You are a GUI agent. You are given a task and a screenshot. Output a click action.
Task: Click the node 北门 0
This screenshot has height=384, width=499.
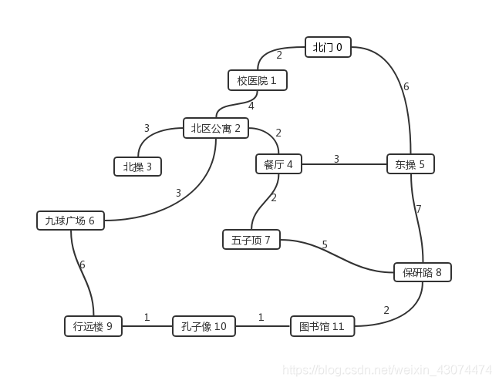point(328,48)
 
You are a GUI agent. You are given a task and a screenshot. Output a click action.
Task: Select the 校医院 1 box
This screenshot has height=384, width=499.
point(257,80)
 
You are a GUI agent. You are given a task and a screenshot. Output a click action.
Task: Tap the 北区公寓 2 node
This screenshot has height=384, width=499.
point(216,128)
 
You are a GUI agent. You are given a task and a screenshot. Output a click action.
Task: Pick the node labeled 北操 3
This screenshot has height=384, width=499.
point(137,166)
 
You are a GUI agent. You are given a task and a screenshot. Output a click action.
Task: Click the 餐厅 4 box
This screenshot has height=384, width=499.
point(278,164)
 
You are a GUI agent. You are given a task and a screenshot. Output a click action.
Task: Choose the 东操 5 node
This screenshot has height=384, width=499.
point(410,164)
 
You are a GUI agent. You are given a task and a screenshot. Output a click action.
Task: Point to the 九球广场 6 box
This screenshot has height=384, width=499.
point(70,221)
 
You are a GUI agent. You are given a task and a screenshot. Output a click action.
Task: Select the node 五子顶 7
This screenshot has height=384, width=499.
point(251,240)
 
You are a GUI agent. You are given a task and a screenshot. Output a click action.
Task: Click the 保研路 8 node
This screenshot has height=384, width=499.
point(422,272)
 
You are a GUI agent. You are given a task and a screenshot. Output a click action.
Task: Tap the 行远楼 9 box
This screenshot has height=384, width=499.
point(93,326)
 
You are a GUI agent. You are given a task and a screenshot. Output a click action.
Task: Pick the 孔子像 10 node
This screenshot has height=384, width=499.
point(204,326)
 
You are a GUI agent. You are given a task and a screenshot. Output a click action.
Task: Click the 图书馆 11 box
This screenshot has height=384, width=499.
point(322,326)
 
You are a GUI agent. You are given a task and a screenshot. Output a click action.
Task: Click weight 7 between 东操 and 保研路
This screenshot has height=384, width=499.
point(419,209)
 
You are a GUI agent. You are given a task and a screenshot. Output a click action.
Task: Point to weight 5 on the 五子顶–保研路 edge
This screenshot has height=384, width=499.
point(325,245)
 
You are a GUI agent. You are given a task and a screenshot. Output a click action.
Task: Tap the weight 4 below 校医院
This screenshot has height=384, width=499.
point(251,106)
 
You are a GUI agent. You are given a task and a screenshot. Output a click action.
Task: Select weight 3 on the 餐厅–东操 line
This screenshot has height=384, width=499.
point(336,159)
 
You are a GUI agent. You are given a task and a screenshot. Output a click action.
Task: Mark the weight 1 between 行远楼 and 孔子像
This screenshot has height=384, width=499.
point(147,317)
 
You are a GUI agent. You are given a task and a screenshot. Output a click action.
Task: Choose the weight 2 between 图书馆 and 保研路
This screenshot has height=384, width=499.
point(386,310)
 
